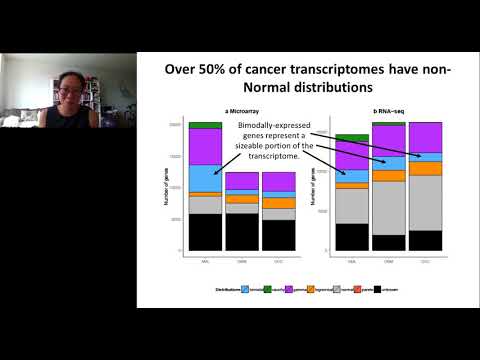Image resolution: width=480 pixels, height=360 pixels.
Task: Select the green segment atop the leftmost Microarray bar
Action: click(205, 125)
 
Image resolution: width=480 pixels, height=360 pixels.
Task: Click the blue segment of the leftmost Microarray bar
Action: click(205, 177)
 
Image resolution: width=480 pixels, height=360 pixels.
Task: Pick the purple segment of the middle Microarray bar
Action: click(242, 180)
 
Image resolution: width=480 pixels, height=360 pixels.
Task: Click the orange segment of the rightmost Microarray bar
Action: click(279, 203)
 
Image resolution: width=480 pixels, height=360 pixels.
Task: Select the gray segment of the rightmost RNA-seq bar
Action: click(426, 203)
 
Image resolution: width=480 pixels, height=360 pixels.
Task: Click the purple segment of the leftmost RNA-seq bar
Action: click(352, 154)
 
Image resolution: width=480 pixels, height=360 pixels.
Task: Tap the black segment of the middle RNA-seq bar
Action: click(389, 242)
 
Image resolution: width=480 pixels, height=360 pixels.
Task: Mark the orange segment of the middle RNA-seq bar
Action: click(389, 175)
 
